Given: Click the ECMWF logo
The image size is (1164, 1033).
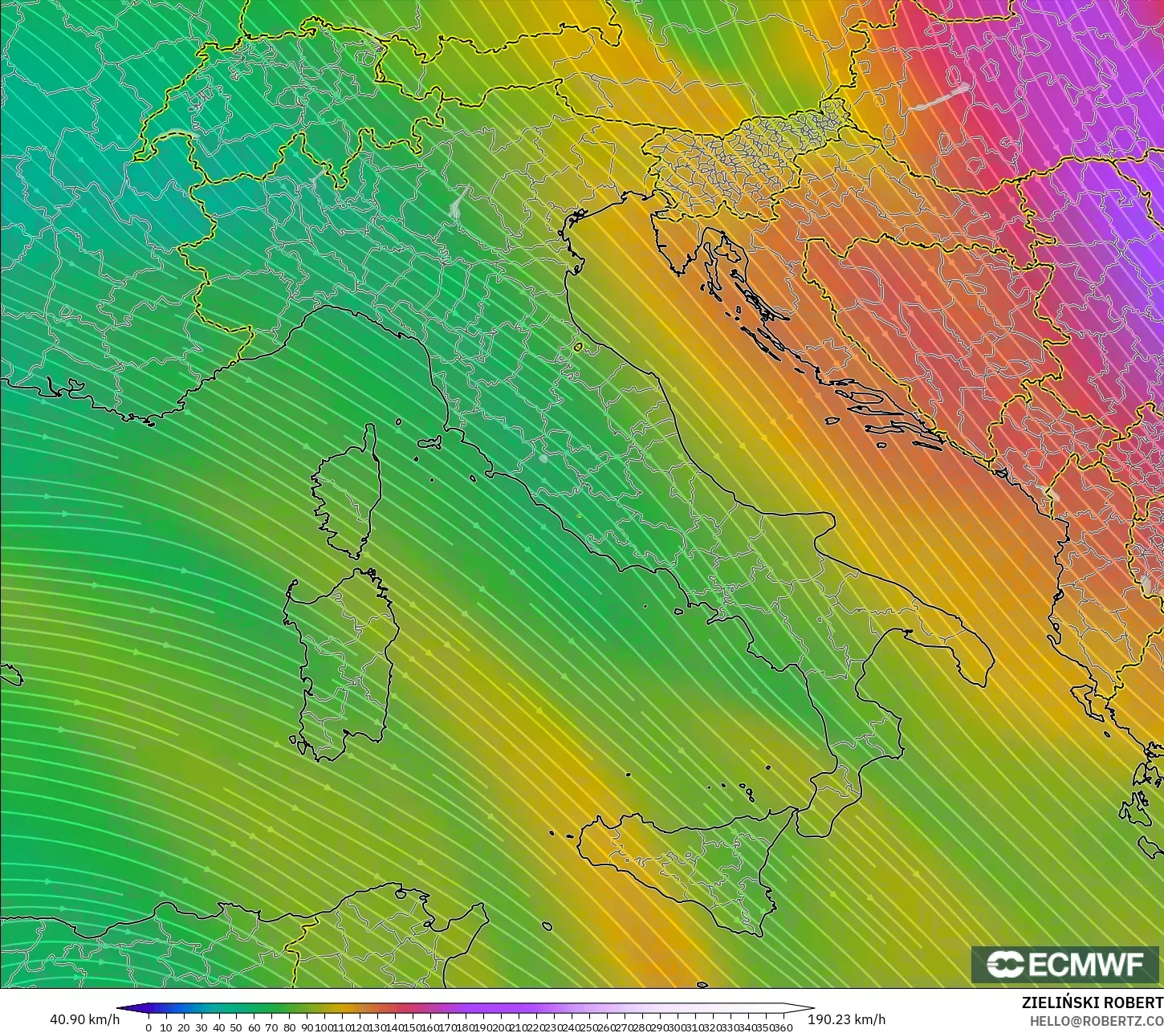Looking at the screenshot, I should pyautogui.click(x=1065, y=964).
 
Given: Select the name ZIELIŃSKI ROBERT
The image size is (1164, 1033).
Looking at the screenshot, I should pyautogui.click(x=1092, y=1003).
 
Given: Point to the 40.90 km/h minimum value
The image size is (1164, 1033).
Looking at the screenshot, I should pyautogui.click(x=84, y=1019).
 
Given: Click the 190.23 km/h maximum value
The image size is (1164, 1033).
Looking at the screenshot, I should pyautogui.click(x=846, y=1019).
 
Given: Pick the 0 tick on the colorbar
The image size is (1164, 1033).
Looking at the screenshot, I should pyautogui.click(x=149, y=1027).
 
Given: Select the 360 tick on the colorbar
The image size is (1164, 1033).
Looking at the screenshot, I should pyautogui.click(x=783, y=1027).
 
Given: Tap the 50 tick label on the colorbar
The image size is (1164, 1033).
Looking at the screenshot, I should pyautogui.click(x=236, y=1027).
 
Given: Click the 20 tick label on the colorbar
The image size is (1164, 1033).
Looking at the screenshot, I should pyautogui.click(x=184, y=1027).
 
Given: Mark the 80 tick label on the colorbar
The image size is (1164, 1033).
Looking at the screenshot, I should pyautogui.click(x=289, y=1027).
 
